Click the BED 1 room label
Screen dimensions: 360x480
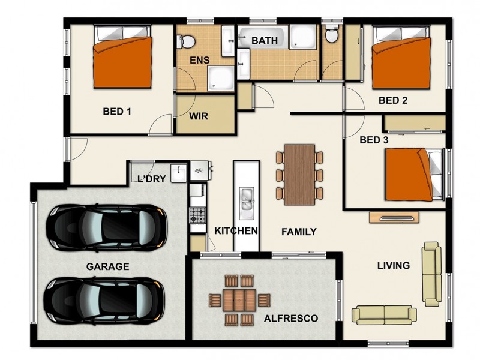[x=117, y=111]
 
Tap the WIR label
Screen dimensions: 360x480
[x=199, y=116]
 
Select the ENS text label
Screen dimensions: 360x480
[x=199, y=61]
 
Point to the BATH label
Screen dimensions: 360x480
[x=264, y=41]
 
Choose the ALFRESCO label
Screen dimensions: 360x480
[x=291, y=318]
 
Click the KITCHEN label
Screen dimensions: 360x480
[x=236, y=231]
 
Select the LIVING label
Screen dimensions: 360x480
[x=393, y=265]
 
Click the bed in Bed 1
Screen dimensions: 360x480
[x=124, y=61]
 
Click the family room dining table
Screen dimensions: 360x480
[x=299, y=175]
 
